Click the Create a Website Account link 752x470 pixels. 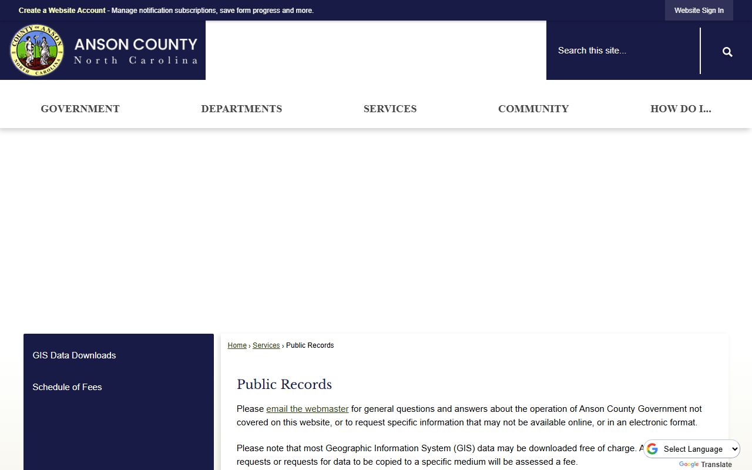pos(62,11)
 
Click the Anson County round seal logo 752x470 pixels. pos(36,50)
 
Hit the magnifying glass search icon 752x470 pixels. pos(727,52)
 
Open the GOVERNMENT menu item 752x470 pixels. pos(80,109)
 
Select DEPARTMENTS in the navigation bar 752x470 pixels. pos(241,109)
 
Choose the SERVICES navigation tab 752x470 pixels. pos(390,109)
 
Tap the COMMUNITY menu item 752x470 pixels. pos(533,109)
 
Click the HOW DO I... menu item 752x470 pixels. pos(680,109)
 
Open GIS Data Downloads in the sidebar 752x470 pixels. pos(74,355)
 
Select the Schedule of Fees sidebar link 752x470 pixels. pos(67,387)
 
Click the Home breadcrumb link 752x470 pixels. pos(237,345)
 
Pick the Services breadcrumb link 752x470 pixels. pos(266,345)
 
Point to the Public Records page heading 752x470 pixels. pos(284,384)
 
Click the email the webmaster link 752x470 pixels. pos(307,409)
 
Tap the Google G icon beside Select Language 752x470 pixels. pos(652,449)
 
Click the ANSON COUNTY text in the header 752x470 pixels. pos(136,45)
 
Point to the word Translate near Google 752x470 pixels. pos(716,465)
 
